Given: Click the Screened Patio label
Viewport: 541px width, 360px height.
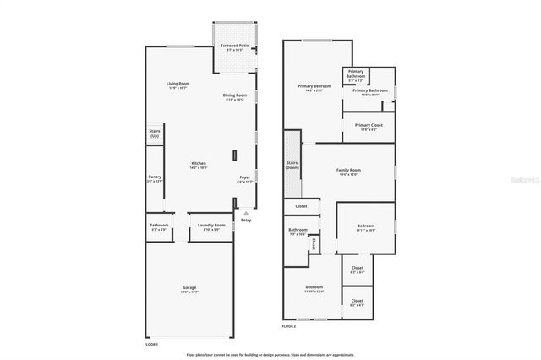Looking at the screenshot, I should point(234,47).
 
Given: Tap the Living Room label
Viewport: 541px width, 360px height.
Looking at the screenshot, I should point(178,85).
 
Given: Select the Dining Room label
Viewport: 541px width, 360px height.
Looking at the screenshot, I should point(234,96).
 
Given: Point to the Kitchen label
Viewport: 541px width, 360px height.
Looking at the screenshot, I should point(199,165).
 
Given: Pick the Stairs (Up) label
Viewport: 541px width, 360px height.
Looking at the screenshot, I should point(155,134).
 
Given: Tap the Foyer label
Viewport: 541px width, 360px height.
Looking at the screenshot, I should point(245,179).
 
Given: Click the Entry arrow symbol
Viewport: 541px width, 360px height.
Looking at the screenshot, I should point(246,213).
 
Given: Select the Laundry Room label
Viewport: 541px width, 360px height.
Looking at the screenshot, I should point(211,226).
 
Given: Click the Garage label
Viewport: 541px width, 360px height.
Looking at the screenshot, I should point(189,289).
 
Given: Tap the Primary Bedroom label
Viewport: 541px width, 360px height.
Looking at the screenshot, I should point(314,87).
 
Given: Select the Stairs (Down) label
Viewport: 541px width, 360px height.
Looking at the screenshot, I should point(292,166).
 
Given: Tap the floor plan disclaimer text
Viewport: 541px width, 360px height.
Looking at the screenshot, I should point(270,355).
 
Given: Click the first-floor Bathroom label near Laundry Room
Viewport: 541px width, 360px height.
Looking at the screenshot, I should point(159,226).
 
